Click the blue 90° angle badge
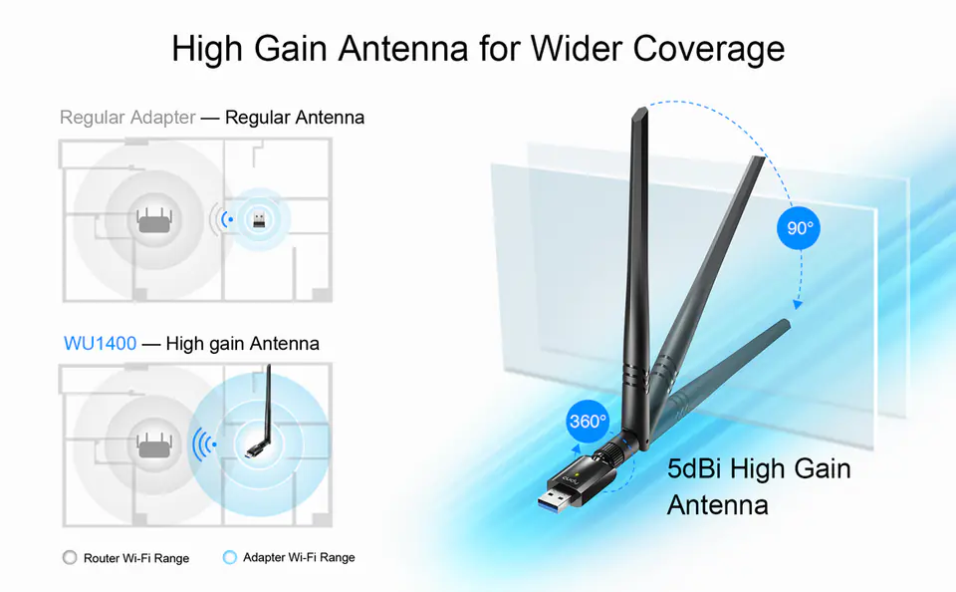(x=798, y=227)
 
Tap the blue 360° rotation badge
(x=588, y=422)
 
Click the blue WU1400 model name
(x=100, y=343)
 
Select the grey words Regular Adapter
(x=127, y=118)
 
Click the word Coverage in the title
(x=708, y=50)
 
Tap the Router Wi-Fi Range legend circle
(x=70, y=557)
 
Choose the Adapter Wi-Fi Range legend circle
(x=229, y=557)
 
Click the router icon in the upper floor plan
(x=155, y=220)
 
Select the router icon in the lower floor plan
(x=155, y=445)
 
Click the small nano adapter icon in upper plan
(x=259, y=218)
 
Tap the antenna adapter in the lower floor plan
(x=262, y=412)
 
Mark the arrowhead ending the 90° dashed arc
(x=798, y=303)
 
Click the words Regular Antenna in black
(x=295, y=118)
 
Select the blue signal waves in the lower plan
(x=203, y=444)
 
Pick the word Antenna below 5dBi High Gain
(x=718, y=505)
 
